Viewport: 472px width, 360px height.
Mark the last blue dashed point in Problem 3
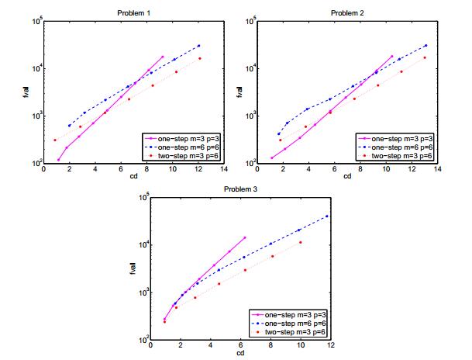tap(327, 216)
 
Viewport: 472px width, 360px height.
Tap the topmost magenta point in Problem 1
tap(163, 57)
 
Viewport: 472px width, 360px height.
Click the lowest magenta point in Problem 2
tap(272, 157)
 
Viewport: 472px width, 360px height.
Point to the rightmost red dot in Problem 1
tap(199, 58)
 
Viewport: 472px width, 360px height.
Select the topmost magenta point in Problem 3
tap(244, 237)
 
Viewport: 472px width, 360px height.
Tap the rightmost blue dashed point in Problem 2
tap(425, 45)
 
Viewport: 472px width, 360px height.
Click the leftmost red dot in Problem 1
tap(55, 140)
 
